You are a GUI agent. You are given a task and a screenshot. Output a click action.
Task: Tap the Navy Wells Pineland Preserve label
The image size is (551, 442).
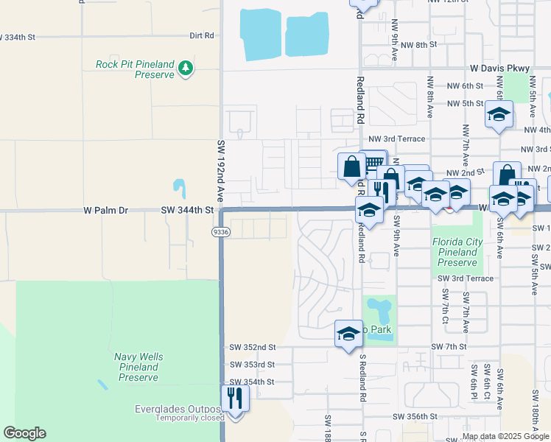[138, 367]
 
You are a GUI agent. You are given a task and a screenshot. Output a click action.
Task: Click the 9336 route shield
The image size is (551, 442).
[220, 231]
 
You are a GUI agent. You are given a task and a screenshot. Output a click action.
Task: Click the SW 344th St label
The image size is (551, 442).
[187, 210]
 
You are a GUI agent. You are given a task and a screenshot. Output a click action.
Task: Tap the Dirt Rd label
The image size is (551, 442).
[201, 35]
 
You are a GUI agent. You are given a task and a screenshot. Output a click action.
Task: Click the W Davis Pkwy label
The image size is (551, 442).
[500, 69]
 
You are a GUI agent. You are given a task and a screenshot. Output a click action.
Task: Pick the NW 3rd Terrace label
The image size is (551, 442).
[397, 138]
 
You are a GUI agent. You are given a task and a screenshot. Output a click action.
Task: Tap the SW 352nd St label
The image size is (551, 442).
[252, 347]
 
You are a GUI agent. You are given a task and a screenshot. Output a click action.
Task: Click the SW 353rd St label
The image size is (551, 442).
[252, 365]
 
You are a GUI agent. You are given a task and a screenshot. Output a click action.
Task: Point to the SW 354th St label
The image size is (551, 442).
[252, 382]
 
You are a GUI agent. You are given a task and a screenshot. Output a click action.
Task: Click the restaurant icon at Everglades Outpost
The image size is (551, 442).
[235, 399]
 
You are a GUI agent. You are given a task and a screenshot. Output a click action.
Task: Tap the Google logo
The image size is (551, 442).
[24, 433]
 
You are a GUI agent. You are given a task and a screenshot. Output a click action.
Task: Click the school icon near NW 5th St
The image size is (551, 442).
[499, 116]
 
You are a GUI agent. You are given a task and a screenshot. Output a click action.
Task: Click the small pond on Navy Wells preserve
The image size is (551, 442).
[101, 385]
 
